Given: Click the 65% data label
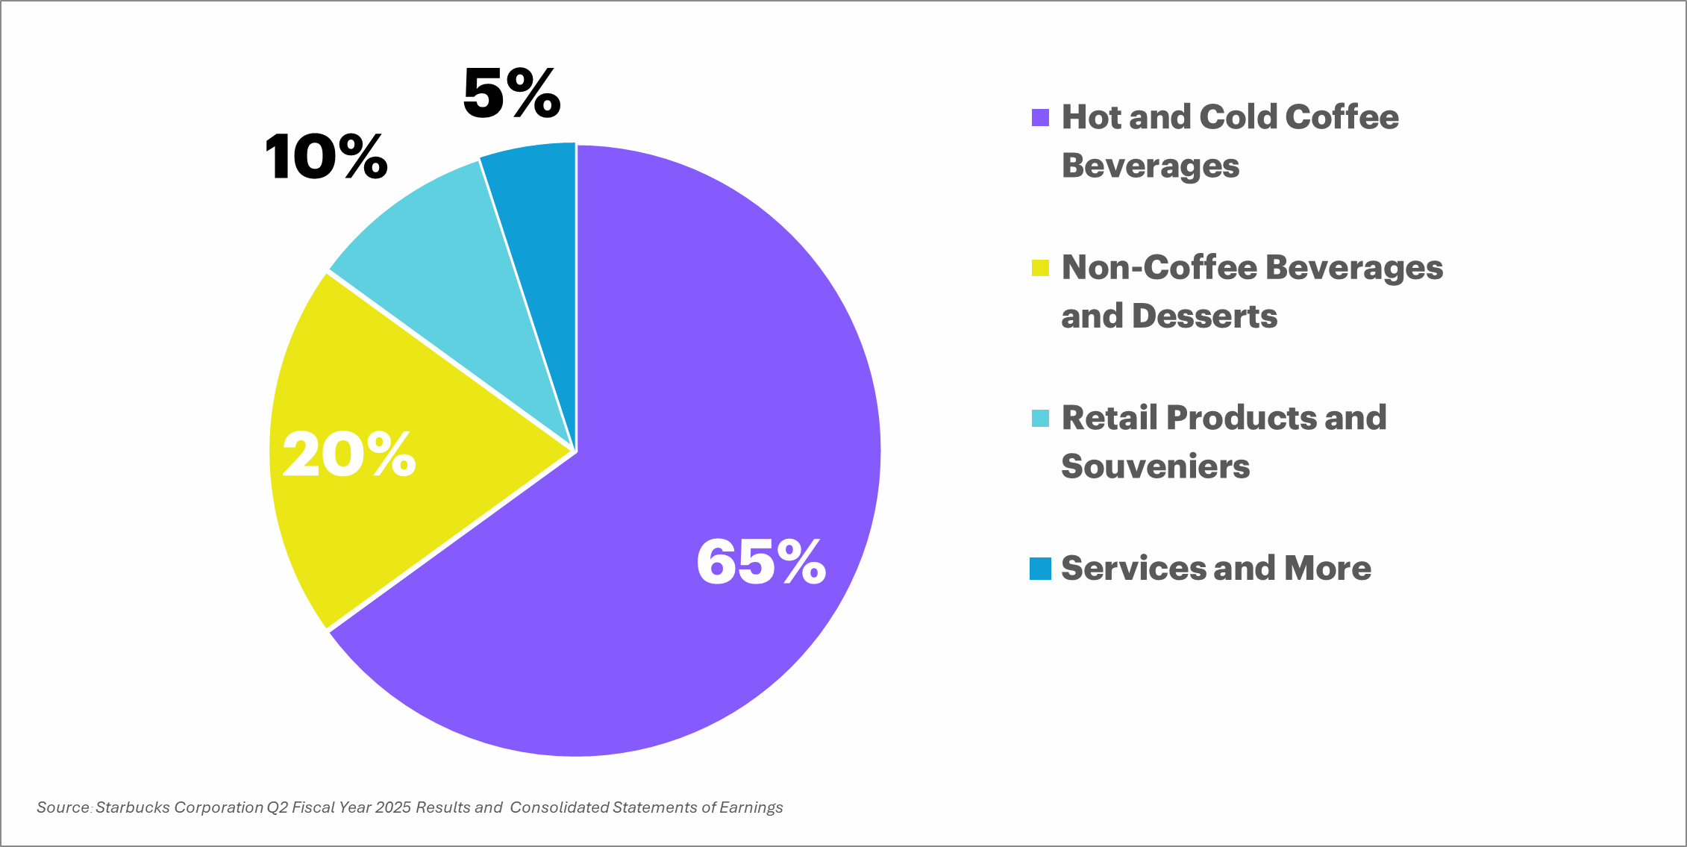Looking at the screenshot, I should pos(760,562).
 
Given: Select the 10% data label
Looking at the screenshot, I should pos(326,157).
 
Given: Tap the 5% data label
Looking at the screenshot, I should pos(511,93).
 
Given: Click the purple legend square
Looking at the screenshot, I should pos(1040,118).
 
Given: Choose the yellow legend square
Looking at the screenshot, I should pos(1040,268).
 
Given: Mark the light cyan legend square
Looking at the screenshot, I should pos(1040,418).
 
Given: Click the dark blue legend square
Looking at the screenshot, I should pos(1040,569).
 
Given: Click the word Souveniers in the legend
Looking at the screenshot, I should pos(1155,466).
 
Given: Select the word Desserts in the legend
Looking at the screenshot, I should pos(1204,316).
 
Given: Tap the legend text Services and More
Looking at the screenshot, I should pos(1216,569).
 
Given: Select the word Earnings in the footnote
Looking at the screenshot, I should pos(751,807).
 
